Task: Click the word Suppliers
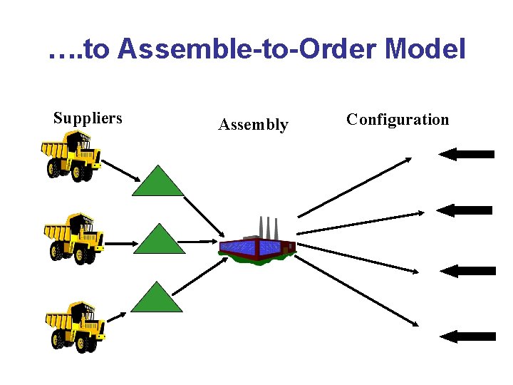[x=88, y=118]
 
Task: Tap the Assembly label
[x=253, y=125]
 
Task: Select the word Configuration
[x=398, y=120]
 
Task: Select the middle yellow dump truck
[x=73, y=237]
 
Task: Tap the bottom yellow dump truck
[x=74, y=324]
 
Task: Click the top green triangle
[x=158, y=181]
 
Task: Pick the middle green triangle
[x=159, y=240]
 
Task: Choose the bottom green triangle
[x=158, y=299]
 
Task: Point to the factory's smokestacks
[x=268, y=226]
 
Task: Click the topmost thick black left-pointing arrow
[x=467, y=154]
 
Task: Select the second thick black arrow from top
[x=465, y=210]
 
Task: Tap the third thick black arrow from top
[x=468, y=271]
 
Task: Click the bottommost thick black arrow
[x=467, y=337]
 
